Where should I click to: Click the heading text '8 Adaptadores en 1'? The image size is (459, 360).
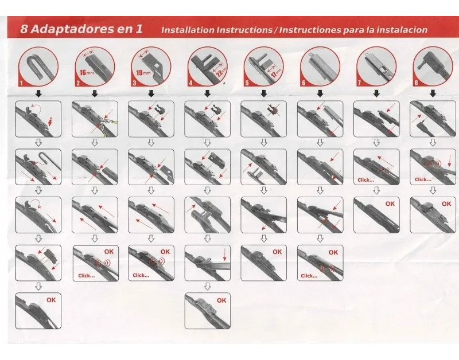click(x=81, y=29)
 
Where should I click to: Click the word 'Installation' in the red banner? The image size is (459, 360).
click(x=188, y=30)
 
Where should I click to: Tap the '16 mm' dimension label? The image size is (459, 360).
click(x=87, y=72)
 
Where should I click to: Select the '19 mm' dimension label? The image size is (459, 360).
click(x=143, y=72)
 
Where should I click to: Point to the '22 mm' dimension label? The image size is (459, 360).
click(x=221, y=72)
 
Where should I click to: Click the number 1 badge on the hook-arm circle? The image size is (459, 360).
click(x=21, y=83)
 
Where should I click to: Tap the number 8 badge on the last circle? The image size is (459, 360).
click(x=416, y=83)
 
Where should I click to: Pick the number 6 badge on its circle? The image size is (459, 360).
click(x=304, y=83)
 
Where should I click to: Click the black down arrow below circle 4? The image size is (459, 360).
click(x=207, y=93)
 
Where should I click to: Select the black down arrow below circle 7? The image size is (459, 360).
click(x=376, y=93)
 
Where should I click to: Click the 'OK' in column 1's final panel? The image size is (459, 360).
click(x=51, y=300)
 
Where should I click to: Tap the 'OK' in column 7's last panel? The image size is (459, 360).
click(x=390, y=204)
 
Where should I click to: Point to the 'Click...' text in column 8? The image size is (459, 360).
click(x=423, y=179)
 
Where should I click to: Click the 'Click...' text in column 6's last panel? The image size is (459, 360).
click(x=309, y=276)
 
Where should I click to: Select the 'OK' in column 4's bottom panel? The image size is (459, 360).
click(x=221, y=300)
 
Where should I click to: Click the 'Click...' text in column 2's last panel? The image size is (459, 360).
click(x=87, y=276)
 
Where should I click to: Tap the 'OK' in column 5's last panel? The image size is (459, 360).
click(x=277, y=252)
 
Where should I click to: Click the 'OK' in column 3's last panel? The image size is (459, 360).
click(x=165, y=252)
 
